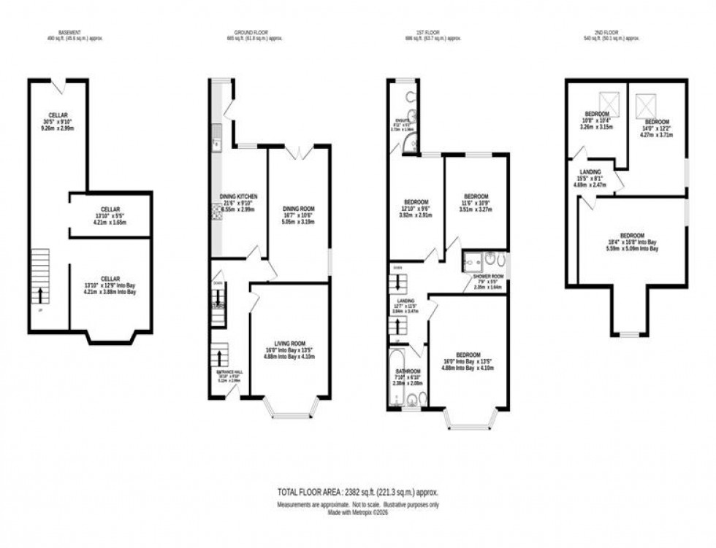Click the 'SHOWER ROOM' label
click(484, 276)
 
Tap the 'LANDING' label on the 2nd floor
click(590, 173)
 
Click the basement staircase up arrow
click(39, 296)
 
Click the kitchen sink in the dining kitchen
click(217, 136)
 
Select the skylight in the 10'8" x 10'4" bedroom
click(608, 101)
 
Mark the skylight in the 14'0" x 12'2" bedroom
click(645, 107)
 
